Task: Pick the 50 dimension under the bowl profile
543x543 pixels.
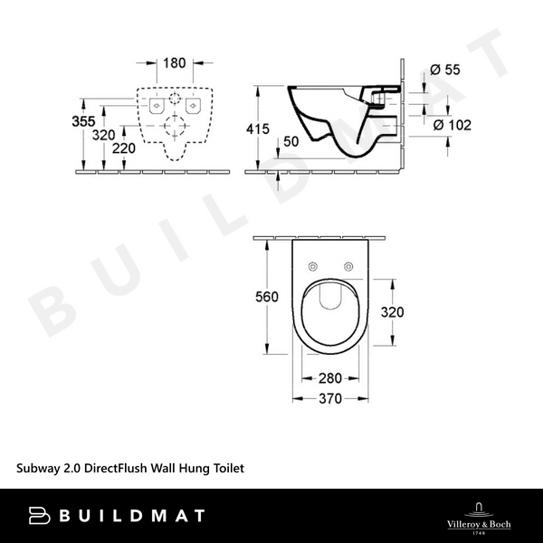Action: point(290,140)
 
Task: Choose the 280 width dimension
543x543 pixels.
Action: point(330,379)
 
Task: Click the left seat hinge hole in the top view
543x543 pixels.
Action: point(312,265)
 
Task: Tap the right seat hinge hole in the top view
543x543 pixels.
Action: point(348,265)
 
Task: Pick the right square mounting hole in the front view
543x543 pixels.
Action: point(191,106)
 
